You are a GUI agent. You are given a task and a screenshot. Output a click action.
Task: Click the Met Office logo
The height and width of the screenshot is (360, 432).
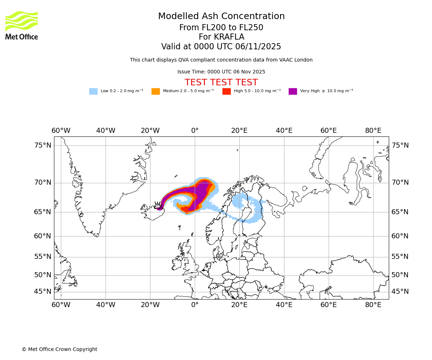22,25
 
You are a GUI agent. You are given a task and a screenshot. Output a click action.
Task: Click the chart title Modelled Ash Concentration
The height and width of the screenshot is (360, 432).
221,17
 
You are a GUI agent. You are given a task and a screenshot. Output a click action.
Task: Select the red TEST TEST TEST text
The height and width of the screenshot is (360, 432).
221,82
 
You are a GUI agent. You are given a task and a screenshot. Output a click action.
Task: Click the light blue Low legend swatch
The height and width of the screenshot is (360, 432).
93,91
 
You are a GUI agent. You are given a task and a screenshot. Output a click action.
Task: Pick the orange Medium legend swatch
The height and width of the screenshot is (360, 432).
156,91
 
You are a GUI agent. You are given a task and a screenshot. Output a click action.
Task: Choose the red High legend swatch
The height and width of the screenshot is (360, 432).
226,91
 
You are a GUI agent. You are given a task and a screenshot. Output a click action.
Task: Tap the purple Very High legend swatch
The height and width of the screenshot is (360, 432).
293,91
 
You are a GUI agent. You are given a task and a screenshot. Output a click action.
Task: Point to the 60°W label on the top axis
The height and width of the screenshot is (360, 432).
61,130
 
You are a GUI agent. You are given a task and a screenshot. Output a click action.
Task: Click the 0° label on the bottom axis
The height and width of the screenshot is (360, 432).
195,305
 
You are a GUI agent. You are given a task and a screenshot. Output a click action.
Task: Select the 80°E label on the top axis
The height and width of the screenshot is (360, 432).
373,130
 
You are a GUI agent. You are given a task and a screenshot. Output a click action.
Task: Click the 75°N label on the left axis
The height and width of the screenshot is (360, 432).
43,145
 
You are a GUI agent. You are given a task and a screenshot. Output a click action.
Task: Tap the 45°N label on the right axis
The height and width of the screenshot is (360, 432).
400,292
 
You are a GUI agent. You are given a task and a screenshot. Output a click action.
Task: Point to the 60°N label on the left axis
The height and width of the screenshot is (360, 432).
43,236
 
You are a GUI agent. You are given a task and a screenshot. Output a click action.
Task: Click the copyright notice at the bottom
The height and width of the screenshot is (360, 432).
59,349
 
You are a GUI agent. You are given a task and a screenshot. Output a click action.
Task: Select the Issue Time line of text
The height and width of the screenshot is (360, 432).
221,72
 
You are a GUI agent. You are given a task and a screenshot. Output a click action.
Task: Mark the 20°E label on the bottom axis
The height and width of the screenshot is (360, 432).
239,305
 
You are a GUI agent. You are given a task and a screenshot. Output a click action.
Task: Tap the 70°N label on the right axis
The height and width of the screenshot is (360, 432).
400,183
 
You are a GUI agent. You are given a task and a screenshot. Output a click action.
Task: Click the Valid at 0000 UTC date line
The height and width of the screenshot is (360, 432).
221,47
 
